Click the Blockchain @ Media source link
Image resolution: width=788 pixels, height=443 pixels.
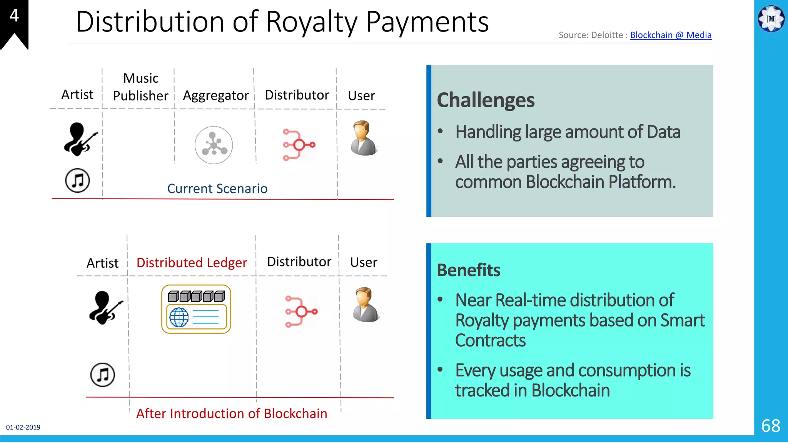[671, 35]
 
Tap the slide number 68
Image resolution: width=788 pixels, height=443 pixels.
[771, 426]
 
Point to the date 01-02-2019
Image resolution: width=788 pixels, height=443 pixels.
[23, 427]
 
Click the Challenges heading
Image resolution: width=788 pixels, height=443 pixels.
[486, 100]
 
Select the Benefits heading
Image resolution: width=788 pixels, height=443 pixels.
[469, 270]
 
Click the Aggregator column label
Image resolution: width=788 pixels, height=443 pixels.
[216, 95]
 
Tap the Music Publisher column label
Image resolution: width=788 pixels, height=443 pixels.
[141, 87]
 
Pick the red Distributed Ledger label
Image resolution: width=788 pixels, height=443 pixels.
[192, 263]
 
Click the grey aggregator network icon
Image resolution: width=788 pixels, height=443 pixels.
[214, 145]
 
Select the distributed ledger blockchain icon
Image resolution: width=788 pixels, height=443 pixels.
[196, 309]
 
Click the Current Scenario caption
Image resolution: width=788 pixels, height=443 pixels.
[217, 188]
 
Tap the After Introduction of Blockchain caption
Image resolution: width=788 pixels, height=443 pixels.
[232, 413]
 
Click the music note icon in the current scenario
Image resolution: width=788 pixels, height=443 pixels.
[77, 180]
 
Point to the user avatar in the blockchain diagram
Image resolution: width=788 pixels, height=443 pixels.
[366, 305]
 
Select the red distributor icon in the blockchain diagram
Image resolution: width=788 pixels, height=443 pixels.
[301, 311]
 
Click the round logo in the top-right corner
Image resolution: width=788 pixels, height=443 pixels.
[771, 18]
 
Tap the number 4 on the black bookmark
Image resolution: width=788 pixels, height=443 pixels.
[14, 15]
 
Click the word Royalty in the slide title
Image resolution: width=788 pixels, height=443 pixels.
[312, 22]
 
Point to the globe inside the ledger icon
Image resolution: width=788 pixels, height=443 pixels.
[179, 317]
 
